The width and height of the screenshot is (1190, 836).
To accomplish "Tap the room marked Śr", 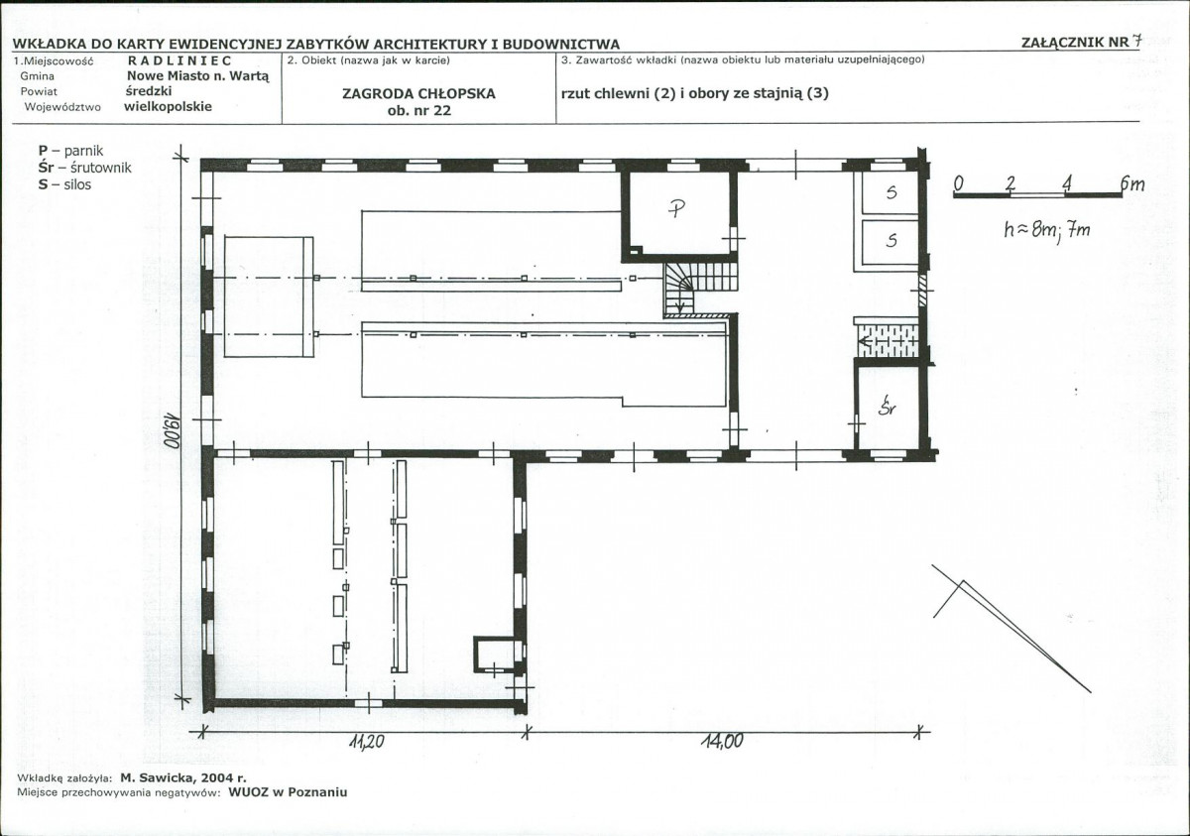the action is [888, 406].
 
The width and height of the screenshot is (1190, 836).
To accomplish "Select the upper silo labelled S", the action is [890, 192].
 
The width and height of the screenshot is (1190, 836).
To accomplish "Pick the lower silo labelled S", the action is [890, 242].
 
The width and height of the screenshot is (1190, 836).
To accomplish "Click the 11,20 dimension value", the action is [367, 742].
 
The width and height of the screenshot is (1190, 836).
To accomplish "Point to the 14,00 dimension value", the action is [722, 741].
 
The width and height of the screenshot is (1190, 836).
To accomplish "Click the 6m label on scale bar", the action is [1132, 183].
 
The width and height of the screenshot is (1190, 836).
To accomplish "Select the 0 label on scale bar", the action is [958, 183].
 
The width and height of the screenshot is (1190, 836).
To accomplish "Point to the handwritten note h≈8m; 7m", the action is [1047, 230].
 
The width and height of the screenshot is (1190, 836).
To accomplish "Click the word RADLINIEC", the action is [180, 61].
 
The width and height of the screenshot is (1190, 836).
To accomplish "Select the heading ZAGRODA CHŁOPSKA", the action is [418, 94].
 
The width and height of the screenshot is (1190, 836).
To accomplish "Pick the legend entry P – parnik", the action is [70, 151].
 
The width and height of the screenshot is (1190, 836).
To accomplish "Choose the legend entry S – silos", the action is [64, 184].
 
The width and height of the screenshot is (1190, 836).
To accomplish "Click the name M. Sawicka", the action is [158, 778].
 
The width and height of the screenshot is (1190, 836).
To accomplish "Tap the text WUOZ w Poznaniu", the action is [288, 792].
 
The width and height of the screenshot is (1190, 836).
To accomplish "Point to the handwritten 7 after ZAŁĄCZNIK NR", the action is [1135, 42].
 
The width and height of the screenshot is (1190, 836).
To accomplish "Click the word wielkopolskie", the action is [168, 107].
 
